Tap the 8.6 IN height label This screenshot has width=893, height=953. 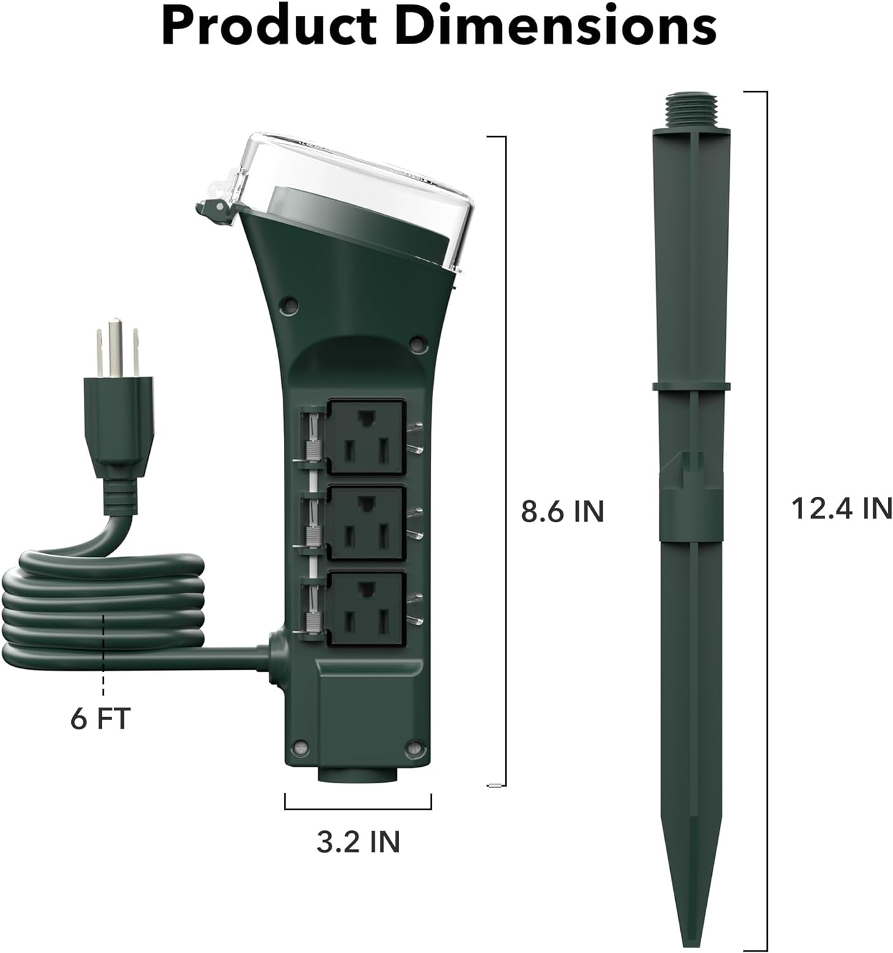[x=562, y=511]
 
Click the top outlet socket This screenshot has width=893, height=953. [x=366, y=436]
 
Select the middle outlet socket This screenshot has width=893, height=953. [x=366, y=522]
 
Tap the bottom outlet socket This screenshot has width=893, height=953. [x=366, y=608]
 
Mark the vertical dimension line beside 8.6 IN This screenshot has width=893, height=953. [x=505, y=461]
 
